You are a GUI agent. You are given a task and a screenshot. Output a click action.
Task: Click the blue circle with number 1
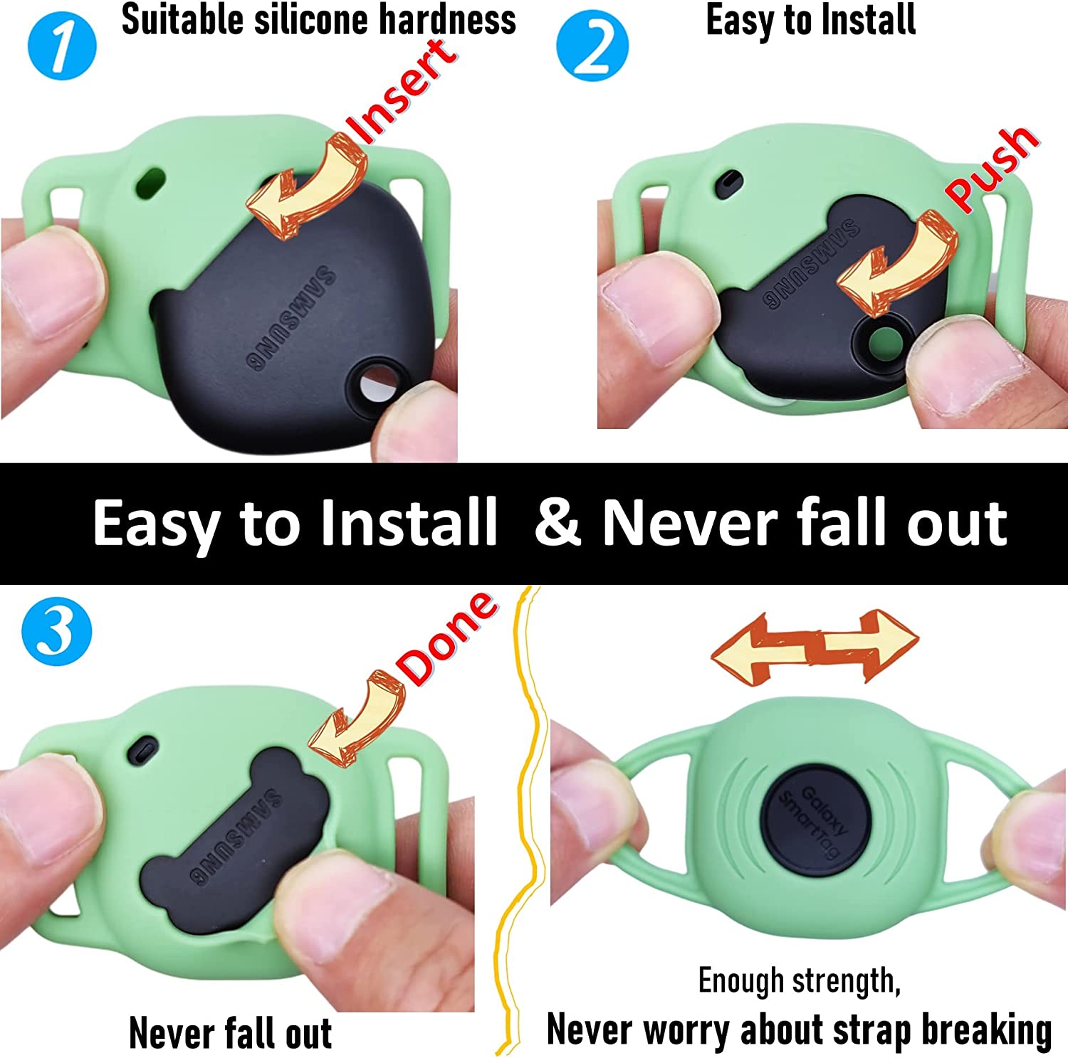(x=62, y=45)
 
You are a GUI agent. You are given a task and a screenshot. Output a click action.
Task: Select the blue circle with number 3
(x=57, y=631)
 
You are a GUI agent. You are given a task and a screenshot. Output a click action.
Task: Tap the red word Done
(x=447, y=638)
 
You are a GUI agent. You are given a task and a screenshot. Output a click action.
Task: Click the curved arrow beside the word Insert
(x=306, y=189)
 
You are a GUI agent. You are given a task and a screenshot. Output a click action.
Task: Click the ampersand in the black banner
(x=560, y=523)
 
